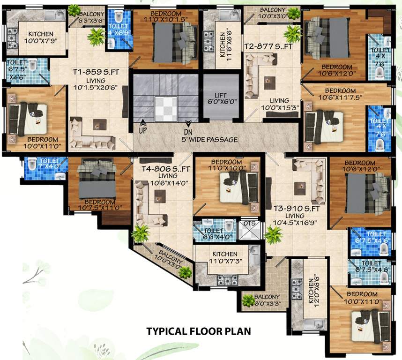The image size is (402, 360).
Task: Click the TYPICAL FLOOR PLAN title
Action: point(199,331)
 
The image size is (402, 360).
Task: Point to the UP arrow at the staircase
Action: point(141,127)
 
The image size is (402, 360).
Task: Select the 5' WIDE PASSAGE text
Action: point(209,140)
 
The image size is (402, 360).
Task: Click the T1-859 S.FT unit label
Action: point(94,72)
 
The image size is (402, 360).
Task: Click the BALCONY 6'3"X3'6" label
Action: point(90,11)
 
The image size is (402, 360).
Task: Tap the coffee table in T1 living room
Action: point(97,124)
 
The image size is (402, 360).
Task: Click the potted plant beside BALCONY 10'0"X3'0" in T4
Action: point(185,272)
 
